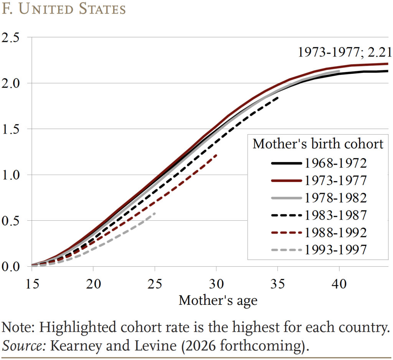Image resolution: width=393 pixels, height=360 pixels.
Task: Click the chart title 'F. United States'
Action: click(64, 9)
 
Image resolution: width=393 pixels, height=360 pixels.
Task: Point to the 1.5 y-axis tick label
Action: click(13, 129)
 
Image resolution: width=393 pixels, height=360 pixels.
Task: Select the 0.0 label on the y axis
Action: click(13, 266)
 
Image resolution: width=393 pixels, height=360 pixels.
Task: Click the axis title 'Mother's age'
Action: click(218, 300)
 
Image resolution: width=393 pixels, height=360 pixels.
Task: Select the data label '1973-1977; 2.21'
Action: click(345, 52)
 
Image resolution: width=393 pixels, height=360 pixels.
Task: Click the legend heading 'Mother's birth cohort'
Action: click(318, 144)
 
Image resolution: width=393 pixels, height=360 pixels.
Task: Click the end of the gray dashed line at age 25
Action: click(155, 213)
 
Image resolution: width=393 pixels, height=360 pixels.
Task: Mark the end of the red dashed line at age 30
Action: click(217, 155)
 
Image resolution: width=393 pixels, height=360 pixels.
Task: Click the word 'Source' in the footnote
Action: click(24, 345)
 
